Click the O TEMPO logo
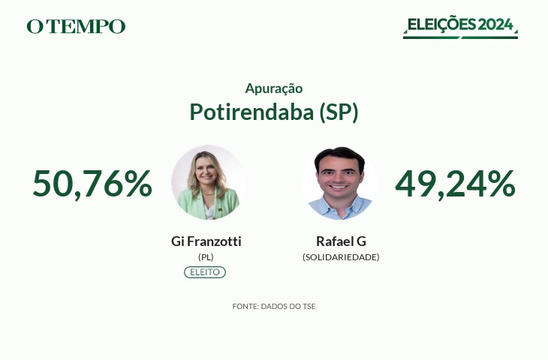(x=76, y=26)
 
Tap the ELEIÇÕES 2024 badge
(x=460, y=27)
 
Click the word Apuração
(x=274, y=88)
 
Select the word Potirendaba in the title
(x=251, y=112)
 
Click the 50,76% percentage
(x=92, y=184)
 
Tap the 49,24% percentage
(x=455, y=184)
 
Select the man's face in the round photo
(x=339, y=176)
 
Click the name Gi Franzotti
(x=206, y=241)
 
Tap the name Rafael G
(x=341, y=241)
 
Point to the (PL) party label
(x=206, y=257)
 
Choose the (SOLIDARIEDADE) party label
(x=341, y=257)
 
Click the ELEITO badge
(x=205, y=272)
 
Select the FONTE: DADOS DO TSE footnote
(x=274, y=307)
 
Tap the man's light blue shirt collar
(x=339, y=203)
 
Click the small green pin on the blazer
(x=220, y=209)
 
